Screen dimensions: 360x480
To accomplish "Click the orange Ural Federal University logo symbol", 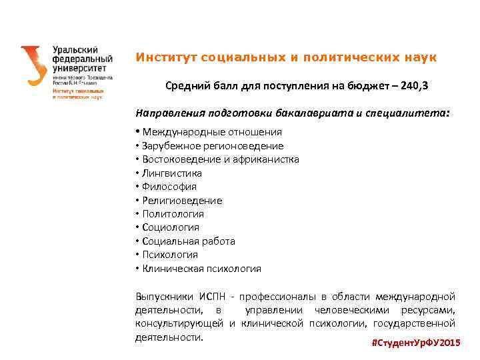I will coord(33,65).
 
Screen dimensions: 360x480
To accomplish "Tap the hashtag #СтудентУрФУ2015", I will coord(415,342).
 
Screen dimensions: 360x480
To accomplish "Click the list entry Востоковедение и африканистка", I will coord(221,159).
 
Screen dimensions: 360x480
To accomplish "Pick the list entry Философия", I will coord(169,187).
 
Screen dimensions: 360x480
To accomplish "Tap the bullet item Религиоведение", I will coord(182,201).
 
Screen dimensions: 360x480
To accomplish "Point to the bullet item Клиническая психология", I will coord(201,269).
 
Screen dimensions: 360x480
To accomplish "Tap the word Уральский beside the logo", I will coord(75,50).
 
